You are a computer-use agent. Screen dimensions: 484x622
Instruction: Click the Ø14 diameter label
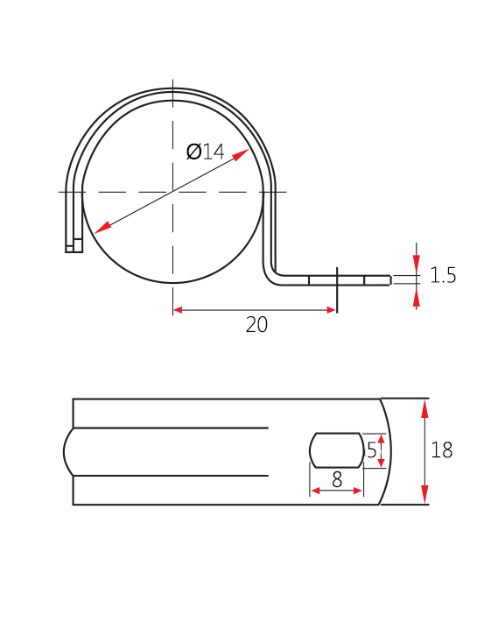tap(206, 152)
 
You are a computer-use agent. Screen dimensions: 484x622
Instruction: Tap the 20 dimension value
tap(256, 325)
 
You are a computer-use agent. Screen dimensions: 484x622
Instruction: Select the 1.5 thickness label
tap(443, 275)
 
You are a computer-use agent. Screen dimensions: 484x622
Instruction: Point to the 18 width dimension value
tap(442, 450)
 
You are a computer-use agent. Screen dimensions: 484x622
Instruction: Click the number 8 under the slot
tap(337, 479)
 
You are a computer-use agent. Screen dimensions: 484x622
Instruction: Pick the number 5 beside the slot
tap(372, 450)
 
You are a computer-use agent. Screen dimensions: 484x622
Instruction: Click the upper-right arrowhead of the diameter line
tap(241, 155)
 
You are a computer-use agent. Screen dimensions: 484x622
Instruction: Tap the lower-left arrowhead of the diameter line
tap(103, 227)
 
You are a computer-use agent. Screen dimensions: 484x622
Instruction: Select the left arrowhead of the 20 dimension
tap(178, 310)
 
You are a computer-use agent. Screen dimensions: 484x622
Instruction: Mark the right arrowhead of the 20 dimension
tap(332, 310)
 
